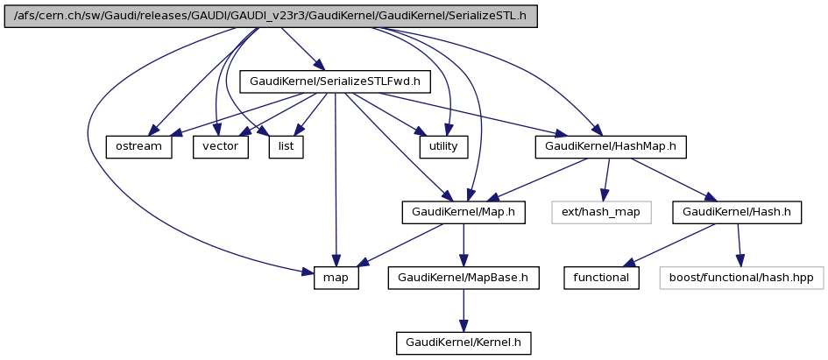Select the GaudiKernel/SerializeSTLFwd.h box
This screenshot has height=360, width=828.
click(x=335, y=81)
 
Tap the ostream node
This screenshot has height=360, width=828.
click(x=138, y=146)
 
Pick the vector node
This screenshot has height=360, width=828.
click(x=220, y=146)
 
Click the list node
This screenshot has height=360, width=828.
click(x=286, y=146)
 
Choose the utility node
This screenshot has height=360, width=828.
click(x=443, y=146)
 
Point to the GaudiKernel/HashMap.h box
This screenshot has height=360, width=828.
click(x=610, y=146)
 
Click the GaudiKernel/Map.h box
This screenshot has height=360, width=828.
click(x=464, y=211)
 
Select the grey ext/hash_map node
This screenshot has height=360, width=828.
click(x=602, y=211)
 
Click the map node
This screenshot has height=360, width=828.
click(x=336, y=277)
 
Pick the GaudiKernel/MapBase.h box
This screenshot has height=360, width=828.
click(x=464, y=277)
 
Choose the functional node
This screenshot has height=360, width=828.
click(x=601, y=277)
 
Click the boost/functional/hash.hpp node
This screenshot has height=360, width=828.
click(x=741, y=277)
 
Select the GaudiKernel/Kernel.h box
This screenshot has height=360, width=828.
click(x=464, y=342)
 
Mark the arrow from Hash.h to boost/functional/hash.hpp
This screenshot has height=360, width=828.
click(x=739, y=244)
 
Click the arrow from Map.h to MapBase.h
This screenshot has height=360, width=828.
click(x=464, y=244)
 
